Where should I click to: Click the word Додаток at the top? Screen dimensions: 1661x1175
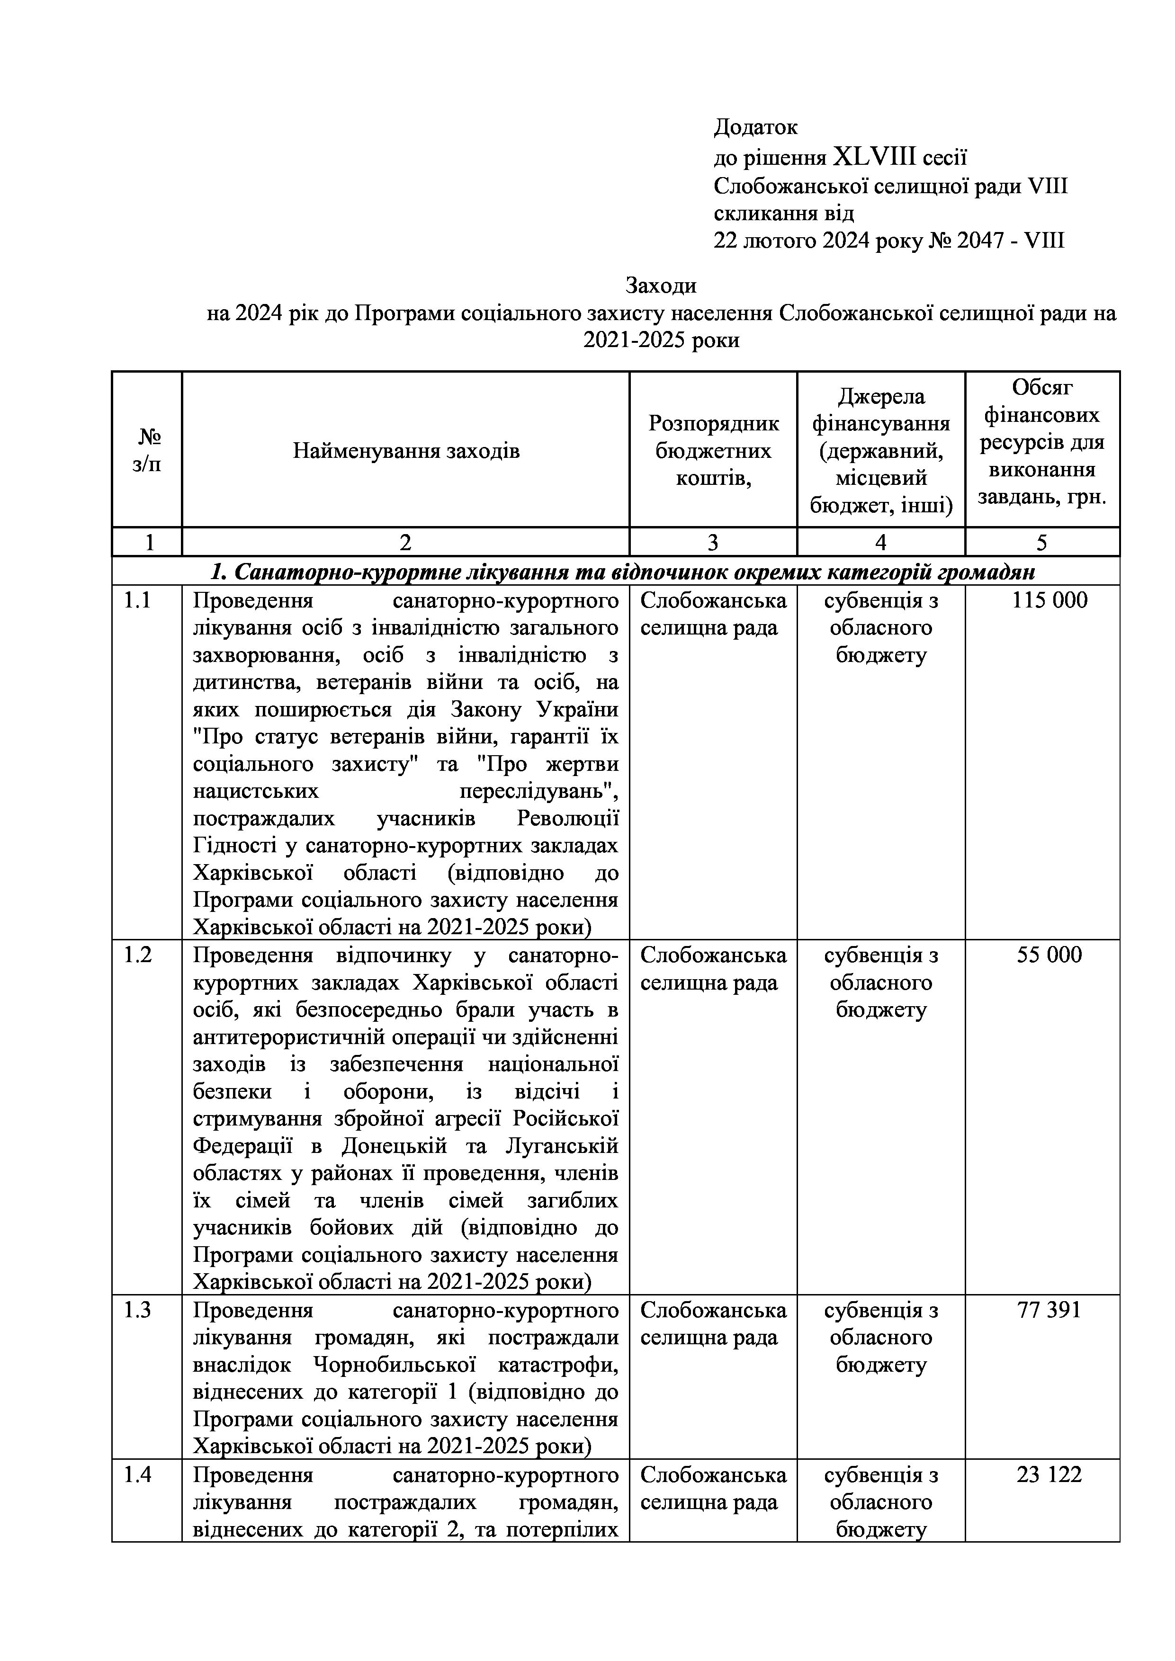pyautogui.click(x=755, y=127)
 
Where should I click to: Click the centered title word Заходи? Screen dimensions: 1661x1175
pyautogui.click(x=661, y=286)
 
